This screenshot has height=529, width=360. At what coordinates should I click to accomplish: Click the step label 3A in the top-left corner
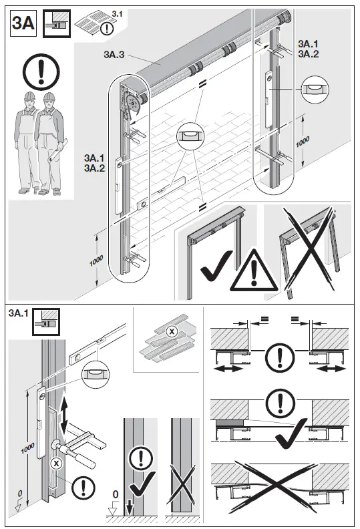tap(22, 24)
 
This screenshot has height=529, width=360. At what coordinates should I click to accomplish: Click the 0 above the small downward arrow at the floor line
tap(116, 495)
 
